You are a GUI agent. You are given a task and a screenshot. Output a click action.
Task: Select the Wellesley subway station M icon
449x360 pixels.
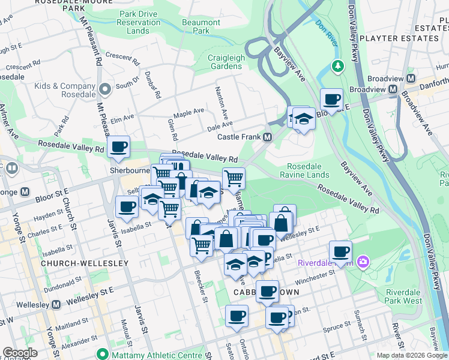pyautogui.click(x=56, y=305)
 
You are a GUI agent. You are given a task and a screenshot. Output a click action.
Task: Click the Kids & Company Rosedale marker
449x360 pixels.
pyautogui.click(x=106, y=89)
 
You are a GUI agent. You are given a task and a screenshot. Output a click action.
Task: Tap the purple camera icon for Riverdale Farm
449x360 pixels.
pyautogui.click(x=363, y=261)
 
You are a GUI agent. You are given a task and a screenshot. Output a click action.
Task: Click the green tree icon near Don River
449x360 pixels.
pyautogui.click(x=337, y=65)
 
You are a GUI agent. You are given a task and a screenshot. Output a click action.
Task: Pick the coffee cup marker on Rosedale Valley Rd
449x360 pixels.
pyautogui.click(x=119, y=146)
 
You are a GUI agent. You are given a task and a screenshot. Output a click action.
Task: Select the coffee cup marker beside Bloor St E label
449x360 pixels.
pyautogui.click(x=331, y=98)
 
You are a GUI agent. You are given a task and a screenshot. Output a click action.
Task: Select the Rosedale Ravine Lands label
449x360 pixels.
pyautogui.click(x=308, y=170)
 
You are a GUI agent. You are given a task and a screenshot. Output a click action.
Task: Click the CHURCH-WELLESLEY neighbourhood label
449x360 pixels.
pyautogui.click(x=76, y=263)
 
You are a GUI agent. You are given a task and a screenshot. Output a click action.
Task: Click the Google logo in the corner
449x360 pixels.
pyautogui.click(x=20, y=353)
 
